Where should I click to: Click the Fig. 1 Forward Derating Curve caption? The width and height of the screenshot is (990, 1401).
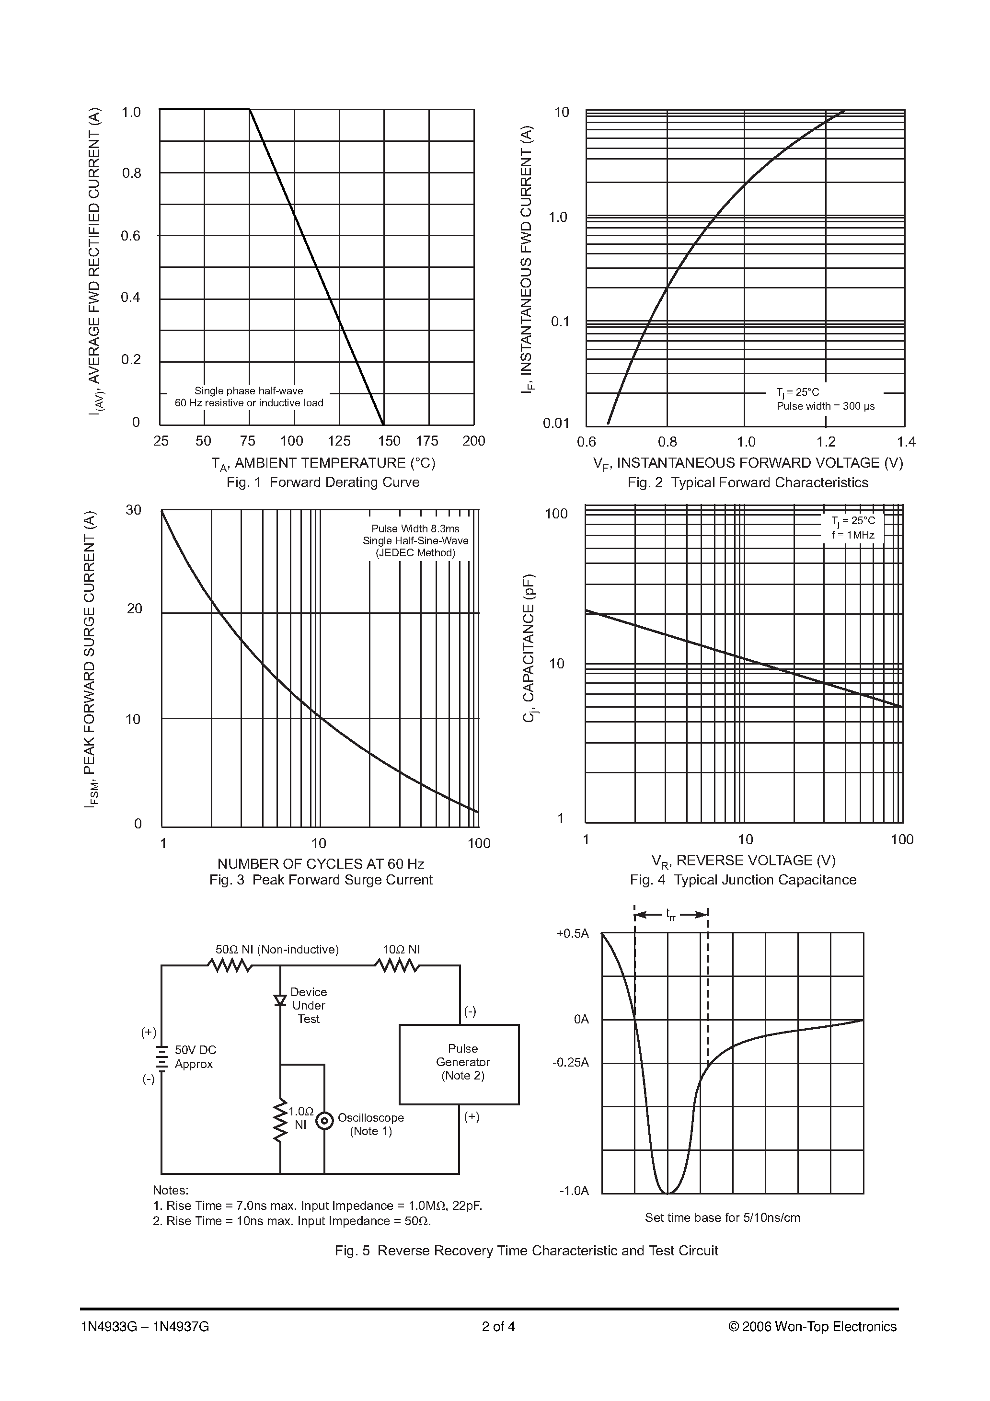coord(323,482)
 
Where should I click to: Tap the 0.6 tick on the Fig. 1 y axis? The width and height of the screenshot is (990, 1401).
coord(131,236)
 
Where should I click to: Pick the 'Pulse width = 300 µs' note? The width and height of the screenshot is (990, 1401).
coord(825,406)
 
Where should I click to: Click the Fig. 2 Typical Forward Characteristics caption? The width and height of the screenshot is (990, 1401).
coord(748,482)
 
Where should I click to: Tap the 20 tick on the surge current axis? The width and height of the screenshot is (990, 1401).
coord(134,609)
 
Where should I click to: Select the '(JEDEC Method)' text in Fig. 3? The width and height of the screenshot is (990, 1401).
coord(415,553)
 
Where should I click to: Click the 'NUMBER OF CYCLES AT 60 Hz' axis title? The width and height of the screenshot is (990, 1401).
coord(321,863)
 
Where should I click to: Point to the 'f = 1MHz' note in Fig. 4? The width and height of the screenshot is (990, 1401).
coord(852,535)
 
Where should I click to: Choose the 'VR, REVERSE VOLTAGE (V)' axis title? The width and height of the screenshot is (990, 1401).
coord(743,861)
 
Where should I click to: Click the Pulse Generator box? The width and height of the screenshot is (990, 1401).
coord(459,1064)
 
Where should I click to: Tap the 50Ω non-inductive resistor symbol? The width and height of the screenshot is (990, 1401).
coord(230,965)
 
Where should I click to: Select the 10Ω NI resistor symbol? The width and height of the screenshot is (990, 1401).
coord(397,965)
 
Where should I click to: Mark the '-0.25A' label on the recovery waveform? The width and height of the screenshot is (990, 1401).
coord(571,1062)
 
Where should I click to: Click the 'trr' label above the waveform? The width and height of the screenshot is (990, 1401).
coord(671,915)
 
